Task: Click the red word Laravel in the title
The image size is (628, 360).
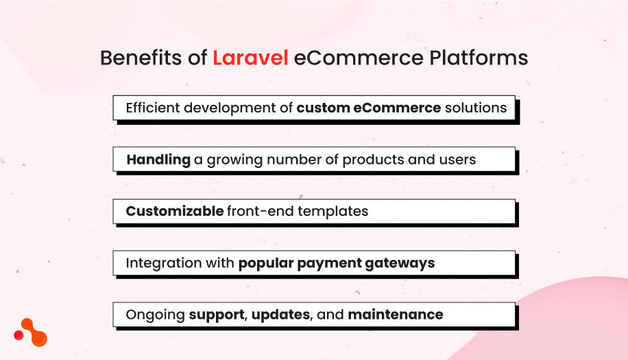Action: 250,58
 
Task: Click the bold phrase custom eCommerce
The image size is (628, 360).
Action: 369,108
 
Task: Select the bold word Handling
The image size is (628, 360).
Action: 158,160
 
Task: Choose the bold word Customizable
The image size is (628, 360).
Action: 174,211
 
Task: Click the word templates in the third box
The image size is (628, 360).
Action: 334,211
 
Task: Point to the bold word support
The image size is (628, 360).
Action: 217,315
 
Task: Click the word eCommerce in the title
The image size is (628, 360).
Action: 349,58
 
